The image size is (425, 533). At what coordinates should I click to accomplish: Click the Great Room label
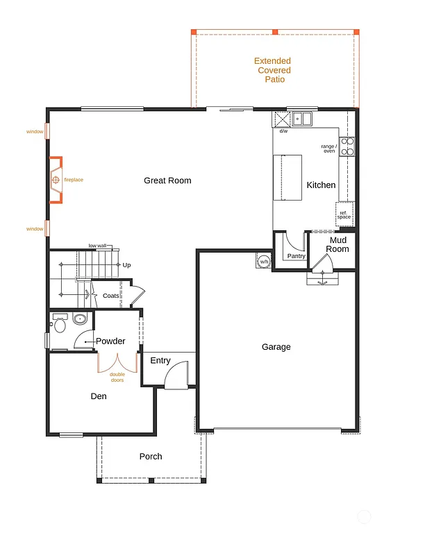(167, 180)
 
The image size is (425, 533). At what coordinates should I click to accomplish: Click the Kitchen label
(321, 185)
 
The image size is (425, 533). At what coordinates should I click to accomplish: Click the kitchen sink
(302, 119)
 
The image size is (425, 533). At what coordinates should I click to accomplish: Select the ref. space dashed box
(344, 214)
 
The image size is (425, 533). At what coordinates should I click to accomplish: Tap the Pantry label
(297, 256)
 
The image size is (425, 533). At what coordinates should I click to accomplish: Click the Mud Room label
(338, 244)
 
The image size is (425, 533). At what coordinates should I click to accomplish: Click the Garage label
(276, 347)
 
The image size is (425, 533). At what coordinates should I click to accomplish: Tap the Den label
(99, 397)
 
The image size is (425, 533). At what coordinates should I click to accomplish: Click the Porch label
(151, 456)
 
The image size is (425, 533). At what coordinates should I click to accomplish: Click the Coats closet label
(111, 296)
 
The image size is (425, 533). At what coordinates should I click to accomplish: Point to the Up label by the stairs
(126, 264)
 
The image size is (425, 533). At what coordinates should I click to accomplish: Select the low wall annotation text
(97, 246)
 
